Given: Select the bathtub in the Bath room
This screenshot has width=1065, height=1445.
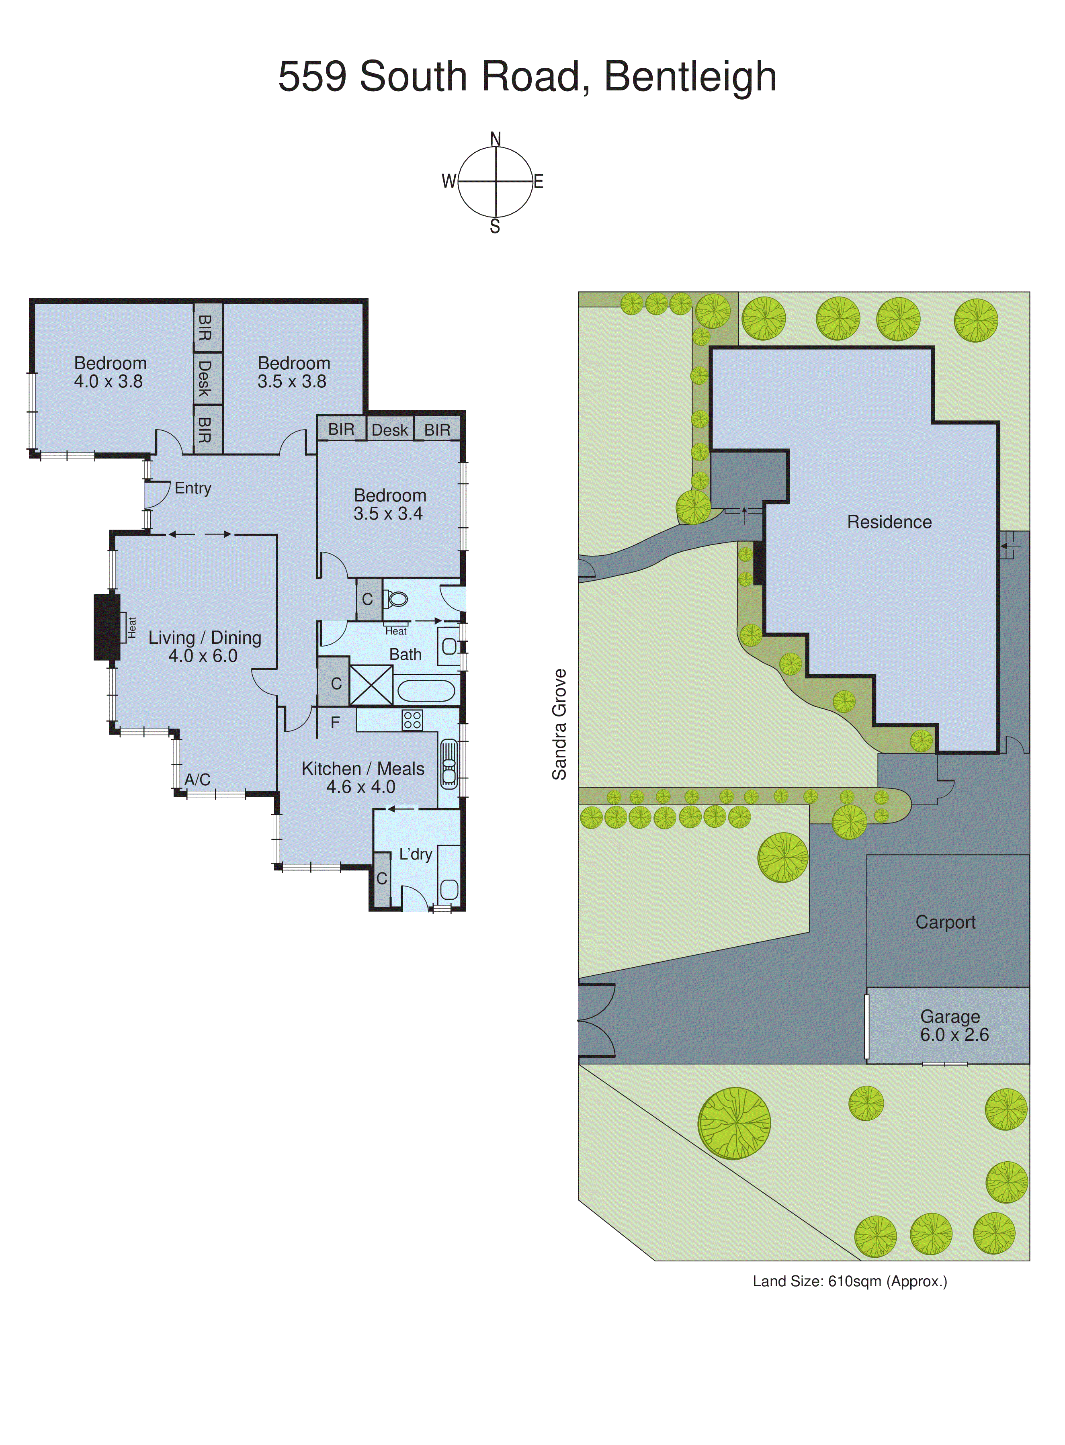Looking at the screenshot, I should tap(426, 690).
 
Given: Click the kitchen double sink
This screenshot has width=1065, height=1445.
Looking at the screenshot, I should tap(449, 764).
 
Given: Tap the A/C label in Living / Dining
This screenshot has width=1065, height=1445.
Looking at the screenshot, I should tap(197, 780).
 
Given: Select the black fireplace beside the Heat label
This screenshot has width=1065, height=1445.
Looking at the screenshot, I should tap(106, 627).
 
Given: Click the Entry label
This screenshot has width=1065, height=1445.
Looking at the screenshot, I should tap(193, 489).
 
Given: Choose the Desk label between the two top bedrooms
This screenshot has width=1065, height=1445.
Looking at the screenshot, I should tap(205, 379).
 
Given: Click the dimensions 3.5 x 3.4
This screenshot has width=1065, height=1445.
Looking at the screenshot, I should tap(388, 514).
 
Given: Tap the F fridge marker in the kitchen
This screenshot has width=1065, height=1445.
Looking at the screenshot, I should tap(335, 722).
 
